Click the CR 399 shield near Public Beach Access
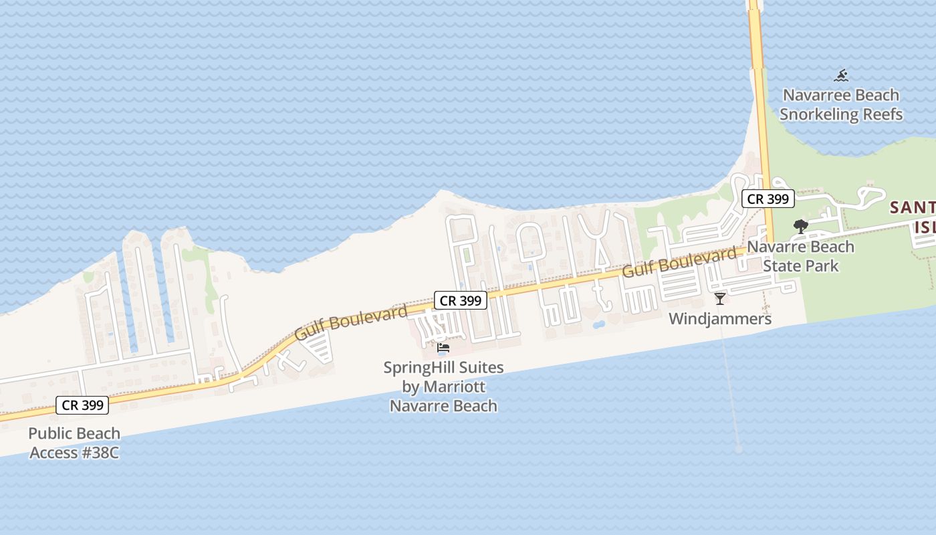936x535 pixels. pos(83,405)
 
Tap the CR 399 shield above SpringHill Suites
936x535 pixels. pos(461,301)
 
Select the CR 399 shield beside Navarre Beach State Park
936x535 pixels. pos(768,199)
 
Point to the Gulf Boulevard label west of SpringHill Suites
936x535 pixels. pos(351,322)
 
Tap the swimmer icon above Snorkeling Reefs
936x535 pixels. pos(842,75)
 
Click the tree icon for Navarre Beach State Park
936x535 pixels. pos(800,227)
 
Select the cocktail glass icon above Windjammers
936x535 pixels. pos(720,298)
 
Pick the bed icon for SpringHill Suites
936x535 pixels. pos(443,348)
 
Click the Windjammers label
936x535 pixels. pos(720,319)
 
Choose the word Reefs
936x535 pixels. pos(882,114)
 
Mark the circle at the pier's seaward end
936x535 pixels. pos(738,449)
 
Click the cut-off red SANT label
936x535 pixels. pos(913,208)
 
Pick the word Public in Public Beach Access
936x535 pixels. pos(50,433)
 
